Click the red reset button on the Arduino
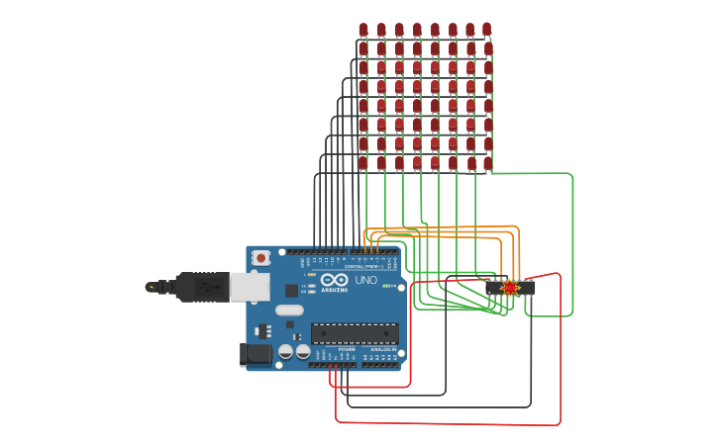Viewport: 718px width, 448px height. [260, 258]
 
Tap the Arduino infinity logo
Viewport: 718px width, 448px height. [334, 280]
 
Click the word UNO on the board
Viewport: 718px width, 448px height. [365, 281]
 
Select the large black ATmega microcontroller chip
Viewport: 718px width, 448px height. [355, 333]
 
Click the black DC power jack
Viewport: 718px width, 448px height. [256, 354]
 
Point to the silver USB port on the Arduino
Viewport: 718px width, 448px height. [249, 287]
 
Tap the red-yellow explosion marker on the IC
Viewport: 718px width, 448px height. [510, 288]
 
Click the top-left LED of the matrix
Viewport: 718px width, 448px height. [363, 30]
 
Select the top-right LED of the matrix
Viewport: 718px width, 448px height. [486, 30]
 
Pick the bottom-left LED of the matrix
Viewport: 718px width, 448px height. [363, 162]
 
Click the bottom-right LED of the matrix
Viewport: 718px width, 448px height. [487, 162]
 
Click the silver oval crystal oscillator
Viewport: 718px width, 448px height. [288, 311]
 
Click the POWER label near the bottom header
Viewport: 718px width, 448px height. [347, 350]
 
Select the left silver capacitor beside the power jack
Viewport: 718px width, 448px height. [285, 351]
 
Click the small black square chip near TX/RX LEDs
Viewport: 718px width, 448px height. [291, 291]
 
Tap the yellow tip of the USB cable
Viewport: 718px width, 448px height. [151, 287]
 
